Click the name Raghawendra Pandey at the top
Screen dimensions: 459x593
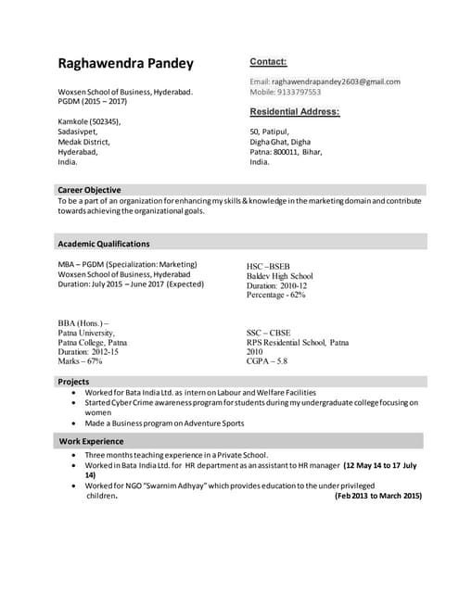click(x=126, y=64)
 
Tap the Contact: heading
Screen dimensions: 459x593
click(x=268, y=62)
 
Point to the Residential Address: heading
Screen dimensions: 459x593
click(x=294, y=112)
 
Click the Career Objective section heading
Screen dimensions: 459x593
click(x=89, y=190)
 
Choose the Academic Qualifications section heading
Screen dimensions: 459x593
click(x=103, y=244)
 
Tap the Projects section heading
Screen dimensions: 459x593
click(x=74, y=382)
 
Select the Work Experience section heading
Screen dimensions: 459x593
click(x=90, y=441)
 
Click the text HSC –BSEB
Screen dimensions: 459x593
click(x=268, y=266)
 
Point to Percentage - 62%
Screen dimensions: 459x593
click(x=275, y=296)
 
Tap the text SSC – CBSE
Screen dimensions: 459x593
click(x=269, y=332)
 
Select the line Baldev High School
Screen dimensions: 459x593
click(x=279, y=276)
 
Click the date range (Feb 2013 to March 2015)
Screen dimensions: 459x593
click(x=376, y=496)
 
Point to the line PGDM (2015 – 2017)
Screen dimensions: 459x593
click(x=93, y=102)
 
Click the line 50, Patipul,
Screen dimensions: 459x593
click(x=270, y=132)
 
